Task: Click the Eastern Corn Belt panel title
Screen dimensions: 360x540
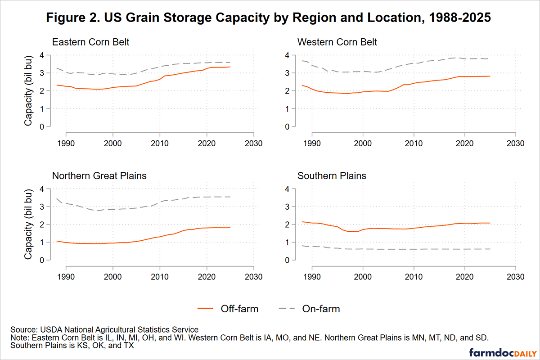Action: (x=91, y=42)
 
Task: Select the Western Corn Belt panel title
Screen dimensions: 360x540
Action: (x=337, y=42)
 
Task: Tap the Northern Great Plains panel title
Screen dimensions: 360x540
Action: (x=99, y=175)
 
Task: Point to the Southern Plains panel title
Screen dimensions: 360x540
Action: (x=332, y=175)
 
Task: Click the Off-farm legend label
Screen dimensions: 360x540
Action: (x=239, y=309)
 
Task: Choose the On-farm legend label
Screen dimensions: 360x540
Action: (x=321, y=309)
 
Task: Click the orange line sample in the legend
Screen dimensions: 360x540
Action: (x=206, y=309)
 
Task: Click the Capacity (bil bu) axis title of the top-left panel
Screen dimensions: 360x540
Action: (x=28, y=91)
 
